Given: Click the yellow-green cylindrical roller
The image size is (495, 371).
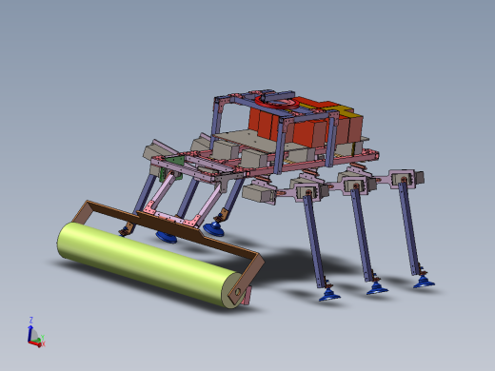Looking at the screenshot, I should [143, 262].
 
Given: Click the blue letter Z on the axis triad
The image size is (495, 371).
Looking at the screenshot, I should [31, 320].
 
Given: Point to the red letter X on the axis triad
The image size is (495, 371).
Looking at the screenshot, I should [43, 343].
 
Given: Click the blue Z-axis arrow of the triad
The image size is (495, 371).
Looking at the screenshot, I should [31, 330].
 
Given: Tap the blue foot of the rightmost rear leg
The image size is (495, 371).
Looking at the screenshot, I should [422, 280].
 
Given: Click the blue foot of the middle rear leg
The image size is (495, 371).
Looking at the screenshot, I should [377, 287].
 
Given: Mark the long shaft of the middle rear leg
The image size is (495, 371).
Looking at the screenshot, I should [362, 233].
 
